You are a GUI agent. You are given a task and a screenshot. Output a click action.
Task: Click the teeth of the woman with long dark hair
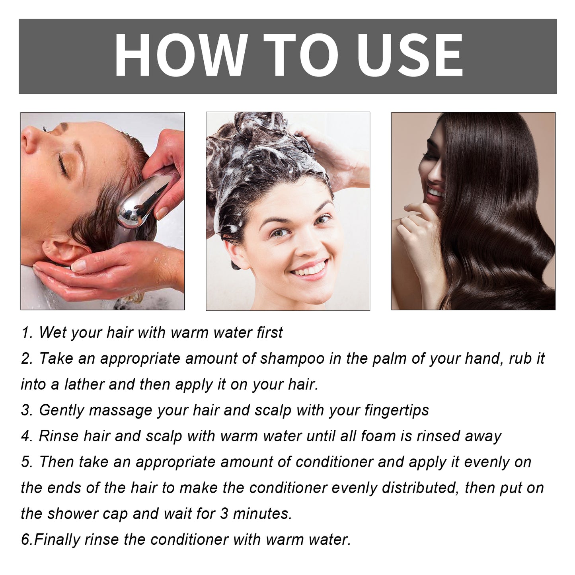(x=435, y=193)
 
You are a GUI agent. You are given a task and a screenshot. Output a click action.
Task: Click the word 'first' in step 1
(x=269, y=333)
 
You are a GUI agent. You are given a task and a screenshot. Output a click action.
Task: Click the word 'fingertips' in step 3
(x=396, y=410)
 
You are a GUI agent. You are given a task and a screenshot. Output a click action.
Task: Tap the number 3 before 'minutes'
(x=224, y=514)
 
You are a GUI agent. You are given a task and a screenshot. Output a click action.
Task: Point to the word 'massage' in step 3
(x=120, y=410)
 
